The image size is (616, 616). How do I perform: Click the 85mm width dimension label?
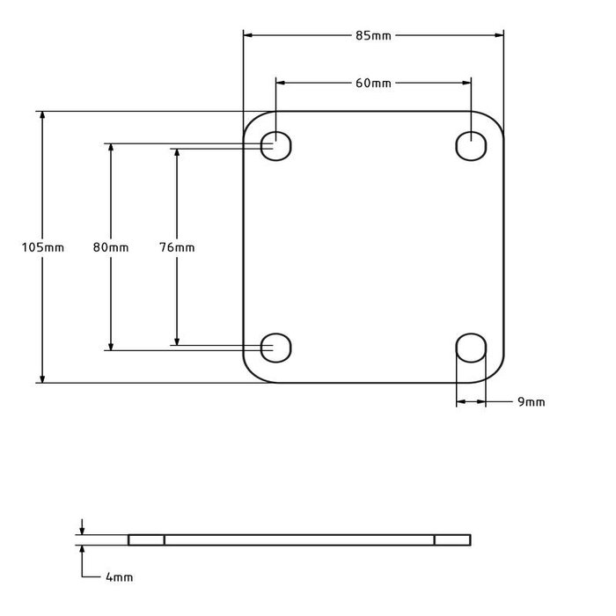click(373, 35)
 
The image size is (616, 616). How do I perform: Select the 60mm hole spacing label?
click(373, 83)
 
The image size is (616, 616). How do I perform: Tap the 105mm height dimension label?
click(42, 247)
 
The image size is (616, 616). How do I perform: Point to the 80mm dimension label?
click(110, 247)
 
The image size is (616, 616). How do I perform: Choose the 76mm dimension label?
click(177, 247)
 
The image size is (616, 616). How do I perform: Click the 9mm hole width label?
click(531, 402)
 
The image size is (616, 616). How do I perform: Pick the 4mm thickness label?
click(119, 577)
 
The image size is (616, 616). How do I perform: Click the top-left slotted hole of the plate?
click(277, 144)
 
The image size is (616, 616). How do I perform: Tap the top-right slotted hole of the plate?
click(471, 144)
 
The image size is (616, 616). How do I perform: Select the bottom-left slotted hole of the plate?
click(277, 348)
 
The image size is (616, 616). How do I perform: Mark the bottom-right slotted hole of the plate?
click(471, 348)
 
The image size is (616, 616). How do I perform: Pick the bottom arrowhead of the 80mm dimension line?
click(110, 345)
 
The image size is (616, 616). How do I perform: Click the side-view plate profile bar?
click(299, 539)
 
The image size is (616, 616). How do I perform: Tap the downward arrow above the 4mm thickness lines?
click(82, 530)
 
